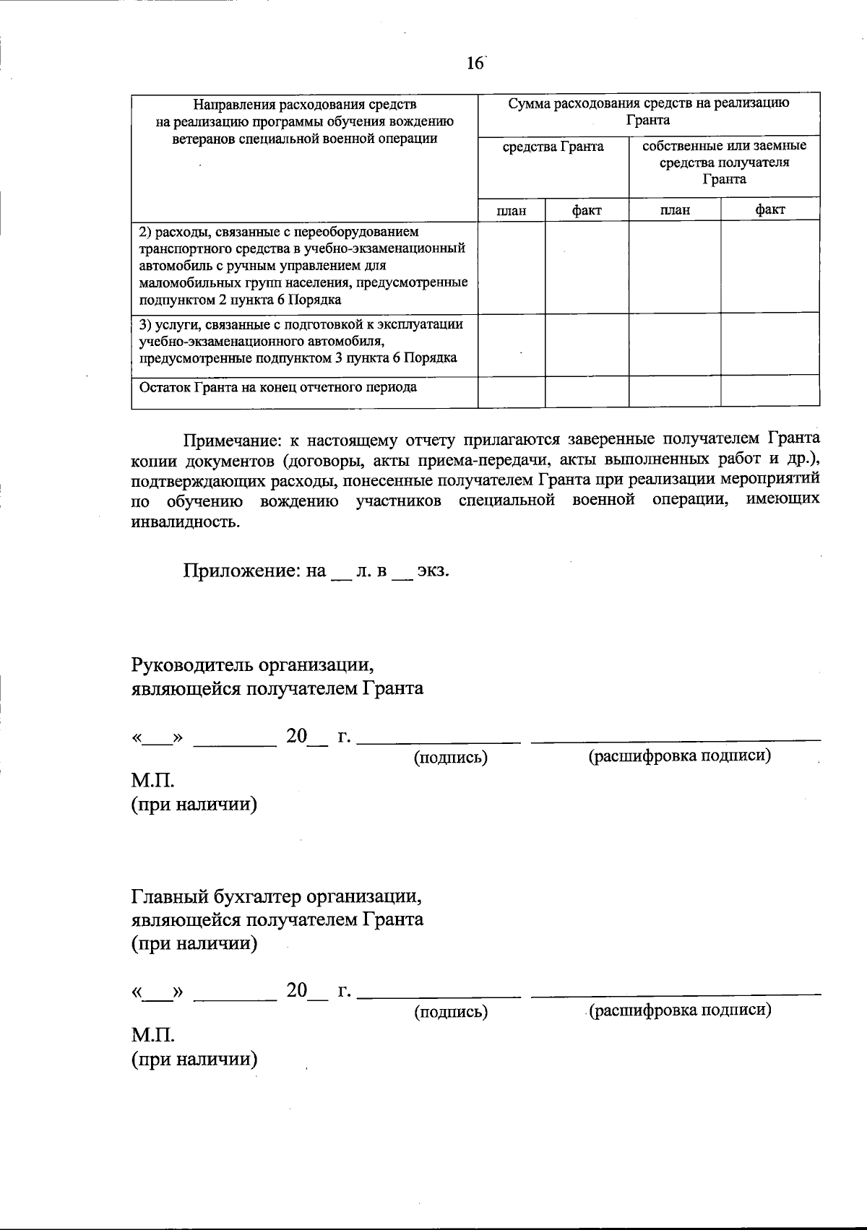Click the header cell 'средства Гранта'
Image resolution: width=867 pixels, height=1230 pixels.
(x=553, y=147)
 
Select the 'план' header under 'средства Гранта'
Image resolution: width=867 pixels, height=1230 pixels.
(x=511, y=211)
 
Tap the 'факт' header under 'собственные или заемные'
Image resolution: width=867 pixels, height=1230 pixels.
(x=769, y=210)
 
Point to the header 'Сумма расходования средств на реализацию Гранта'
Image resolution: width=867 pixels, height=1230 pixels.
(x=648, y=111)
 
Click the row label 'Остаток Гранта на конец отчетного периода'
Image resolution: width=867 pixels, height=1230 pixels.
(x=278, y=388)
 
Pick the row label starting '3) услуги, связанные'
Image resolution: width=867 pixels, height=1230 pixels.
(x=301, y=341)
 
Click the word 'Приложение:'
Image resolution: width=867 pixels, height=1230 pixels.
(x=244, y=571)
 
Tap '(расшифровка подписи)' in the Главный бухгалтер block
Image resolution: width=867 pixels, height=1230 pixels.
(x=680, y=1010)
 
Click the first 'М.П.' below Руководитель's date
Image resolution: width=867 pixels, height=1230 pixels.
(x=153, y=781)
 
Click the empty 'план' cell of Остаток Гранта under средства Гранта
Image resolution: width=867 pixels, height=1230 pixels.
(x=511, y=391)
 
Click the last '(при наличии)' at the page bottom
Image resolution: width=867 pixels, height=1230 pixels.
(x=194, y=1060)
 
